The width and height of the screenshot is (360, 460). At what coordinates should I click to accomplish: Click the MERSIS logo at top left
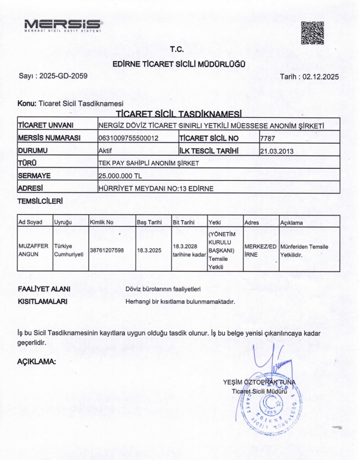[x=63, y=25]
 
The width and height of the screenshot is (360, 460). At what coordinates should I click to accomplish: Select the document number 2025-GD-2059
[x=61, y=77]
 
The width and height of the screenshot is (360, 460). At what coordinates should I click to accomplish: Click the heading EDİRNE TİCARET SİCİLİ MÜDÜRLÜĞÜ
[x=178, y=63]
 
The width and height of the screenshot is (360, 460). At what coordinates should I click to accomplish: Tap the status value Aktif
[x=105, y=151]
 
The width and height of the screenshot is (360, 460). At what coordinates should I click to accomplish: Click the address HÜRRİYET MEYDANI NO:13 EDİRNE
[x=155, y=188]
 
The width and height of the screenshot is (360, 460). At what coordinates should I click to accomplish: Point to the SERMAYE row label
[x=34, y=176]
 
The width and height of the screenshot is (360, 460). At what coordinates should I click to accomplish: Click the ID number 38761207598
[x=106, y=250]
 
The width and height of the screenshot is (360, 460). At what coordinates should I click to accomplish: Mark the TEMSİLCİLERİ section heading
[x=40, y=202]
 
